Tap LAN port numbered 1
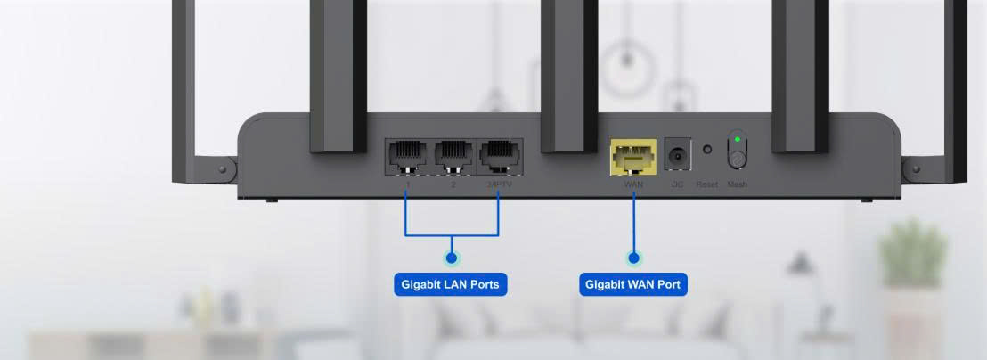click(407, 156)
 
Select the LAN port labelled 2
click(453, 156)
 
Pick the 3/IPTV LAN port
click(499, 156)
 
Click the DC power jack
click(678, 155)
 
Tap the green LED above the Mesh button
click(737, 140)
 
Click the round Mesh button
click(737, 158)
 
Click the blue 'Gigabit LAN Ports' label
click(450, 285)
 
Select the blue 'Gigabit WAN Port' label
click(633, 285)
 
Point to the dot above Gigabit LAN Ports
click(452, 258)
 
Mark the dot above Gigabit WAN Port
click(633, 258)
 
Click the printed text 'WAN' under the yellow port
click(633, 184)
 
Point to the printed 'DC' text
click(678, 184)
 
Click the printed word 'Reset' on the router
click(707, 184)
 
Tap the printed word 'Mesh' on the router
click(737, 184)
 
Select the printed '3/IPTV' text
click(499, 184)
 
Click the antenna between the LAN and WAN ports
click(568, 76)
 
